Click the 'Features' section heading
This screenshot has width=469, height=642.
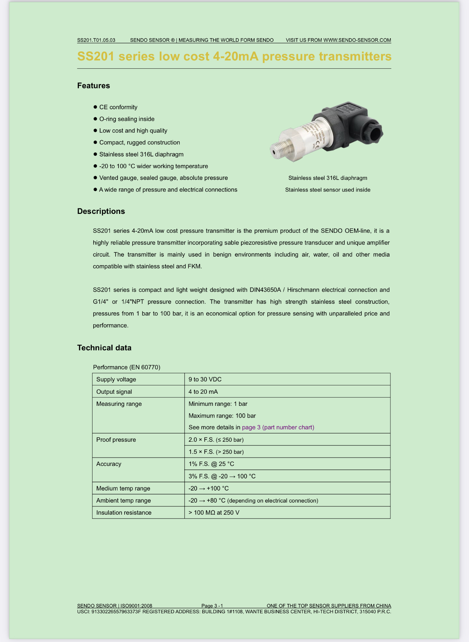[93, 86]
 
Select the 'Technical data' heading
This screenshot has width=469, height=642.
[104, 348]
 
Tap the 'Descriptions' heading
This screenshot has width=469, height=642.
[101, 211]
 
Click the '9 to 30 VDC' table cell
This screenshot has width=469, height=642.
[205, 379]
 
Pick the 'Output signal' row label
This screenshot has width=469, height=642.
[114, 391]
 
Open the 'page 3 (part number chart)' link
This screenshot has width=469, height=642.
[278, 427]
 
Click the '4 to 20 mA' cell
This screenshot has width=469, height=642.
[203, 391]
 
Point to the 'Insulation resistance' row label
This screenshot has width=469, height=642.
[124, 512]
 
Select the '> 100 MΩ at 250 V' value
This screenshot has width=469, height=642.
[214, 512]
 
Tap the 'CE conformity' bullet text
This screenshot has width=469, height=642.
[118, 107]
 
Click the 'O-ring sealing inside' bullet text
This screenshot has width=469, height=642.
[127, 119]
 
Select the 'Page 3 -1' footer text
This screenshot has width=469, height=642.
[212, 606]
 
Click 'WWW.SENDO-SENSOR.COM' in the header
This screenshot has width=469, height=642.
[357, 40]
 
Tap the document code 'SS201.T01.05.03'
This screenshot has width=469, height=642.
[96, 40]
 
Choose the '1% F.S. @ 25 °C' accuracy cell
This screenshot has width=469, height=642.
[211, 464]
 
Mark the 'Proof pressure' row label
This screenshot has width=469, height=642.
[116, 440]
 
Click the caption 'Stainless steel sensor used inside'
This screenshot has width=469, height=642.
[327, 190]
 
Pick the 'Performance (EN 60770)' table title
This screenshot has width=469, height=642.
[127, 367]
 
